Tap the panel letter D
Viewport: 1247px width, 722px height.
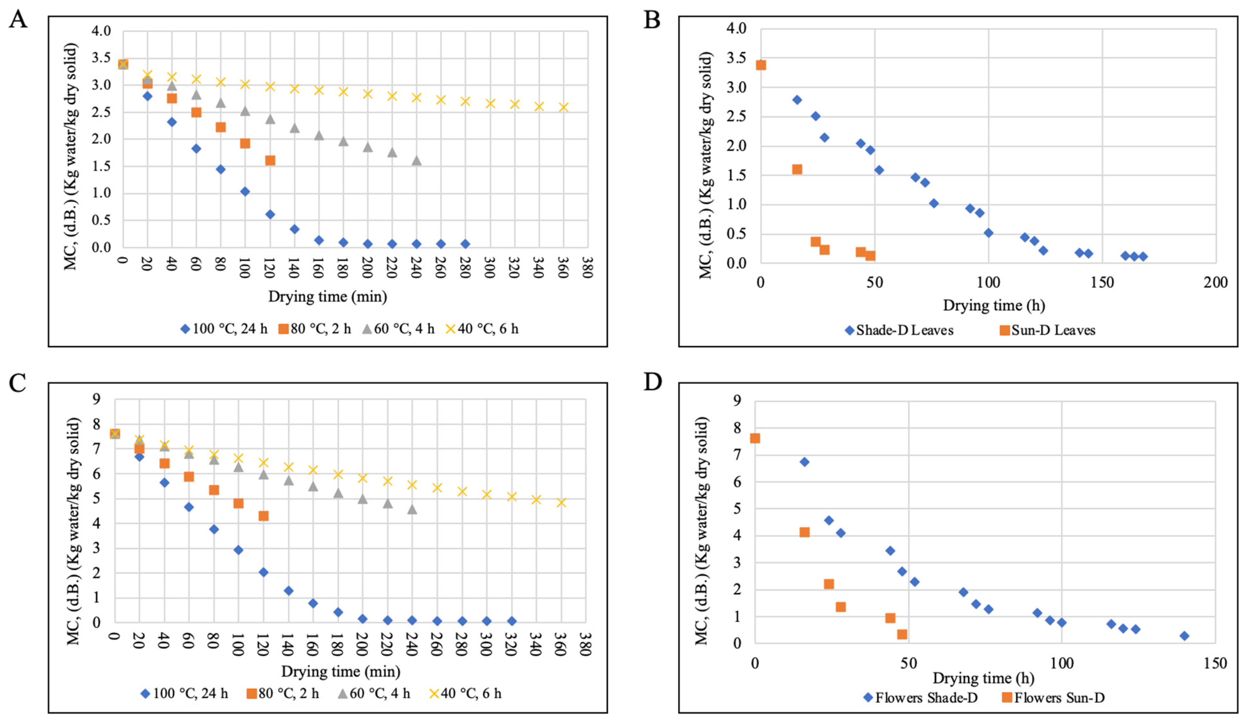(653, 382)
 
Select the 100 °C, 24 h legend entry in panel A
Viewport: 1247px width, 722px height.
(224, 329)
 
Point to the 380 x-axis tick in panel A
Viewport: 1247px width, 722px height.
(587, 267)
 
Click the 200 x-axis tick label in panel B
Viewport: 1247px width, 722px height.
(1215, 283)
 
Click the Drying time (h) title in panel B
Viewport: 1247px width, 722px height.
(994, 305)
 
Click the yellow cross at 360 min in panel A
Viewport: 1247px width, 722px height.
(563, 107)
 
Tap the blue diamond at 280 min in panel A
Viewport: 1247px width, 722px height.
(465, 244)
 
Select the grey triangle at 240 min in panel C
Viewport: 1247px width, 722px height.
(412, 509)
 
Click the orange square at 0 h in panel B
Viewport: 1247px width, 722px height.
(761, 65)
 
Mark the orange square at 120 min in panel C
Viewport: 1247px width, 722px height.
(263, 516)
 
